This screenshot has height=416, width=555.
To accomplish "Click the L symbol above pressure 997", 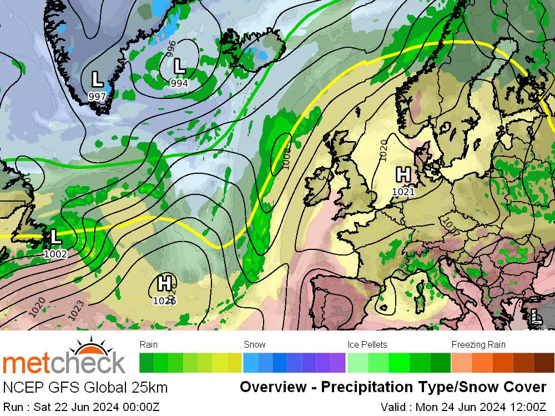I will pos(97,79).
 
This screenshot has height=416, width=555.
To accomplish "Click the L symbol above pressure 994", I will pos(179,67).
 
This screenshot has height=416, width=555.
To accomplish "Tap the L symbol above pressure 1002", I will pos(55,237).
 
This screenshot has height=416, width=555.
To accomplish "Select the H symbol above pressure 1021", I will pos(403,174).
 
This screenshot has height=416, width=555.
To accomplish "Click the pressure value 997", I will pos(97,96).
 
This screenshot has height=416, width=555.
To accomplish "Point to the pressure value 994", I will pos(179,83).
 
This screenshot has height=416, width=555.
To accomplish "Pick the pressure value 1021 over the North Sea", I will pos(403,192).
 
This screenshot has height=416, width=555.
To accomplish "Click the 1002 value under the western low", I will pos(55,254).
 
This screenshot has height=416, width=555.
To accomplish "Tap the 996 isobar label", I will pos(171,48).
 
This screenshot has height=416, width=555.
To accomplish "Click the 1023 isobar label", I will pos(76,310).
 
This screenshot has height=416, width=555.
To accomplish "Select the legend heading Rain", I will pos(149,344).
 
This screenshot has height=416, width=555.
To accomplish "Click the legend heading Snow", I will pos(255,344).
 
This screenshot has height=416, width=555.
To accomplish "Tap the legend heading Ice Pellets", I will pos(367,344).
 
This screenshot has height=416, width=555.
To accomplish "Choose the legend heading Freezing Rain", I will pos(478,344).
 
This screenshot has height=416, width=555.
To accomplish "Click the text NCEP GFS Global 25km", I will pos(85,387).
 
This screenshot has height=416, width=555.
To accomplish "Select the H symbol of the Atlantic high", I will pos(164,283).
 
